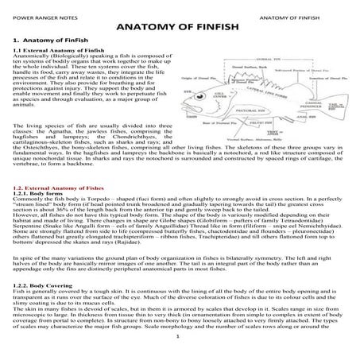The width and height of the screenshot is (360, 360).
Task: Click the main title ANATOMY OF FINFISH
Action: click(179, 26)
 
